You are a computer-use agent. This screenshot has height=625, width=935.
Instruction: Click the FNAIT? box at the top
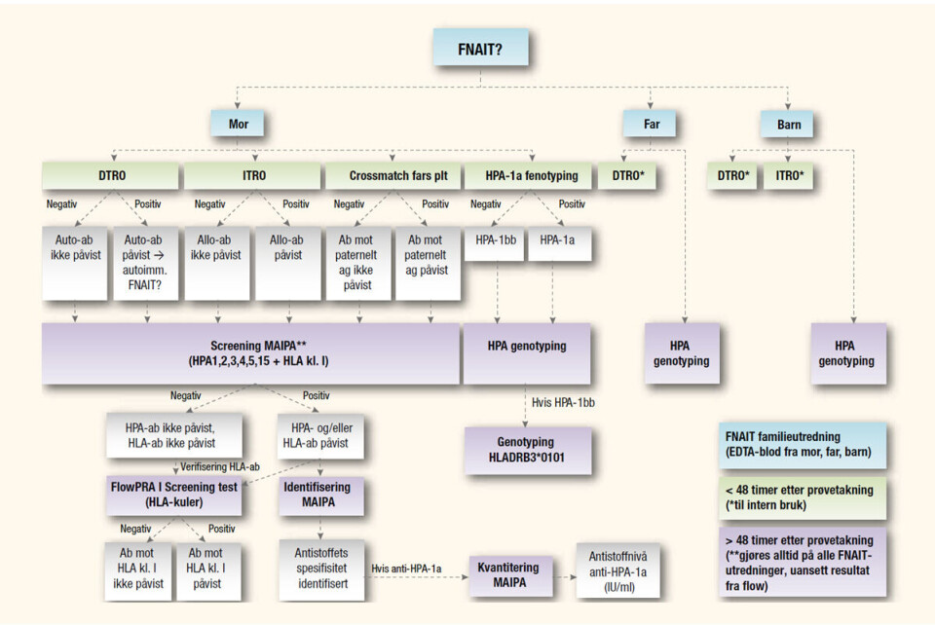[x=479, y=47]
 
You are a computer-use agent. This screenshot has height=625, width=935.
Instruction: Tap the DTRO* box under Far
[x=625, y=176]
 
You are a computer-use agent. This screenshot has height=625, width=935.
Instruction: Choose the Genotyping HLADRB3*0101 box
[x=526, y=449]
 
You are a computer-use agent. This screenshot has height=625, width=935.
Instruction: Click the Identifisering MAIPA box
[x=321, y=494]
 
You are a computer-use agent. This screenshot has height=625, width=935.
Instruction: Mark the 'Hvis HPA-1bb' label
[x=564, y=401]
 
